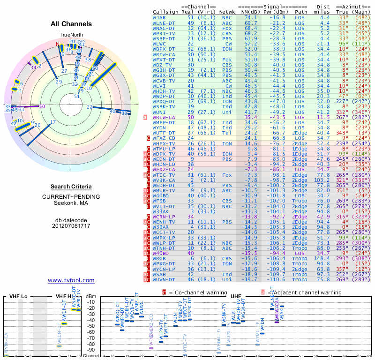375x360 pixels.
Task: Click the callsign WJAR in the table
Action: [x=160, y=17]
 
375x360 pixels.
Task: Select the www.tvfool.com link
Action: [x=71, y=280]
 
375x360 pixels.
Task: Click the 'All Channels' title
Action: [x=71, y=24]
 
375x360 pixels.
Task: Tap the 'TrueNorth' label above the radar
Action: [x=71, y=35]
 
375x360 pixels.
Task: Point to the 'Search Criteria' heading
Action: [x=71, y=187]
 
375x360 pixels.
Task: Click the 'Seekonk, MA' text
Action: [x=71, y=202]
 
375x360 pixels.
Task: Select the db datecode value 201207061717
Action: [x=71, y=225]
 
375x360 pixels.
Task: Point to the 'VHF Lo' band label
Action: [x=19, y=297]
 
